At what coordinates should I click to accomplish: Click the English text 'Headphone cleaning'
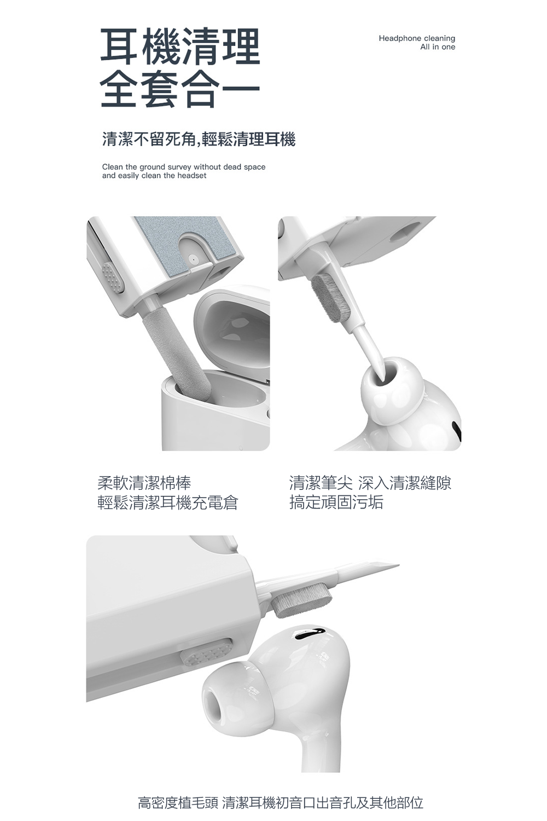(417, 38)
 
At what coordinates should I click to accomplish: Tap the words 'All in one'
(438, 47)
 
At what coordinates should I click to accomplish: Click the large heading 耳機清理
(181, 47)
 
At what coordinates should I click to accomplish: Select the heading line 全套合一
(181, 89)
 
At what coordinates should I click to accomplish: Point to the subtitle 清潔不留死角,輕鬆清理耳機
(199, 140)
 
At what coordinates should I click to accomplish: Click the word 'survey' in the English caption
(179, 167)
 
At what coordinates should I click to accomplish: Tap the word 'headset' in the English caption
(191, 176)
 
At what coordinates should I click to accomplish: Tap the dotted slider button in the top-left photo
(113, 279)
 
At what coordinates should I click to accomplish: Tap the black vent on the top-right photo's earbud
(457, 430)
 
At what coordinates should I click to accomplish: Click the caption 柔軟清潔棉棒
(144, 483)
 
